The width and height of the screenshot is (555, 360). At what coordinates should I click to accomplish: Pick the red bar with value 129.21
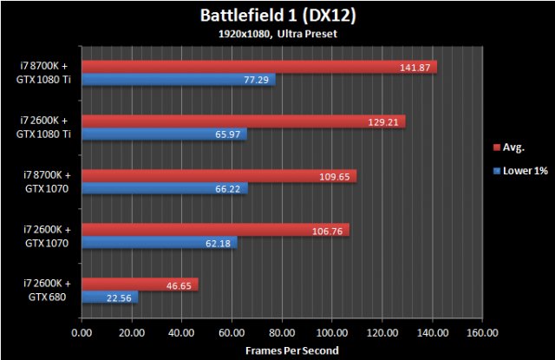(x=243, y=121)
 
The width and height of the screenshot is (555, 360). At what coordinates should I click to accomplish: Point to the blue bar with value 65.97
(x=164, y=134)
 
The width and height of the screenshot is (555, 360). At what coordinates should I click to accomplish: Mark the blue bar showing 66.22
(x=164, y=189)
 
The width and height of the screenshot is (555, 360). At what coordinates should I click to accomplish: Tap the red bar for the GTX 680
(x=140, y=285)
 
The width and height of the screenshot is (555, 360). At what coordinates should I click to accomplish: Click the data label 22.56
(x=121, y=298)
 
